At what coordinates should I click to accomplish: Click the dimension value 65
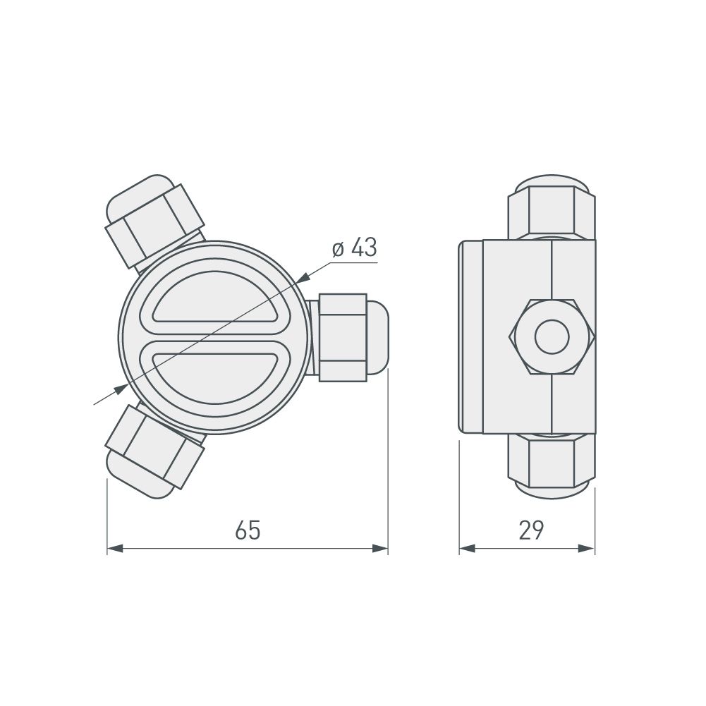pos(248,530)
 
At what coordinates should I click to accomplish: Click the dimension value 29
pos(531,530)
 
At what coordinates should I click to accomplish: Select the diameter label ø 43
pos(353,248)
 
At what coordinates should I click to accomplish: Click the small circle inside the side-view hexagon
pos(552,336)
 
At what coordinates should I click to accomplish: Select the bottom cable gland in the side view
pos(552,465)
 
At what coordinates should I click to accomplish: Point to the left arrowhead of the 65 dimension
pos(115,548)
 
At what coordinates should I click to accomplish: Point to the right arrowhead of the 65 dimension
pos(381,548)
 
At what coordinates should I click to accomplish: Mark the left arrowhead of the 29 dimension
pos(468,548)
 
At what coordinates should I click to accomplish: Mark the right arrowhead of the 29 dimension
pos(587,548)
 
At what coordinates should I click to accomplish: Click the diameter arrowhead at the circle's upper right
pos(303,279)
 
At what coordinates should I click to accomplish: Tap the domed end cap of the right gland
pos(378,336)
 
